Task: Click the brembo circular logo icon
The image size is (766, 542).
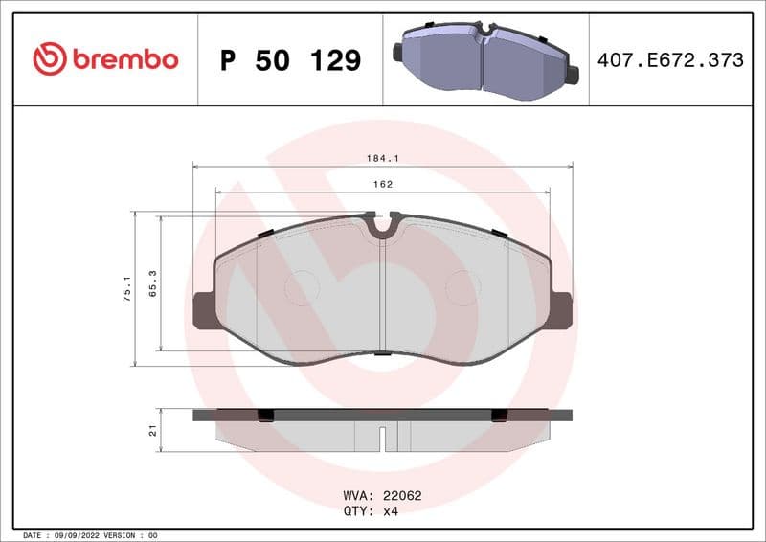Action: click(x=49, y=59)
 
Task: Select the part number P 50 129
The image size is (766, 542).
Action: click(x=290, y=60)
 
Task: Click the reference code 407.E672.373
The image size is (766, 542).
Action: click(x=669, y=60)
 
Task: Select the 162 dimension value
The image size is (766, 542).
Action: click(x=383, y=183)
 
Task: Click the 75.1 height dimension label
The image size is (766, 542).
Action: click(x=125, y=289)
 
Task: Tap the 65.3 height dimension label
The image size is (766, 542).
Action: click(x=152, y=284)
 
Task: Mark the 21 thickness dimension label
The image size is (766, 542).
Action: click(x=152, y=431)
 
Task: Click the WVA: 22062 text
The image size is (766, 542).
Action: click(x=382, y=496)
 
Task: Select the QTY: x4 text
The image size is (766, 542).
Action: click(x=371, y=511)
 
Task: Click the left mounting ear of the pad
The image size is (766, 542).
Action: click(x=204, y=310)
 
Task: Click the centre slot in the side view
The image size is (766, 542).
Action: click(x=383, y=438)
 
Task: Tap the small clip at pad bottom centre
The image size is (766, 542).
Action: click(x=382, y=353)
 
